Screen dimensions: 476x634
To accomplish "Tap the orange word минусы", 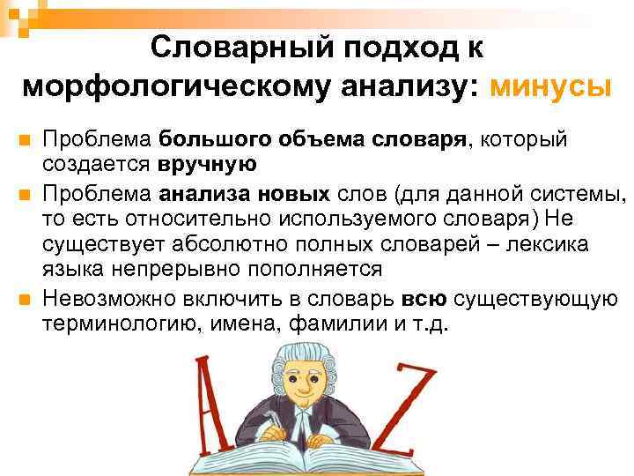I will click(551, 86).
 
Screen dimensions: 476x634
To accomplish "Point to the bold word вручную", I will click(208, 163).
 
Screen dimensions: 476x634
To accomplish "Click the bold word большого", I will click(213, 139).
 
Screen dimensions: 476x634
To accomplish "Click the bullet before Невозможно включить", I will click(24, 299).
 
